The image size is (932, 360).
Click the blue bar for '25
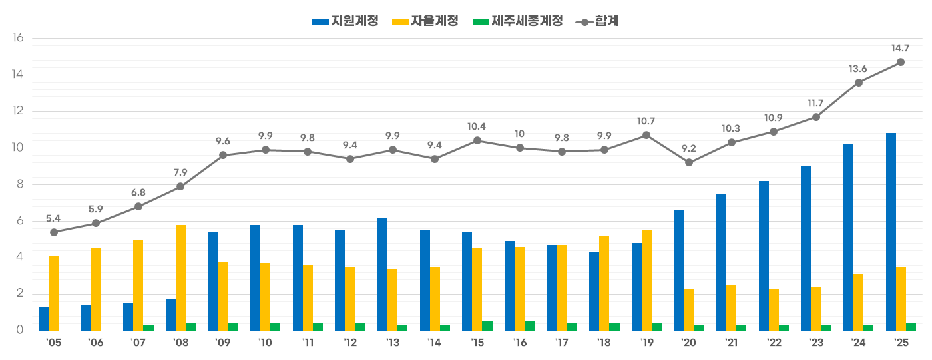pyautogui.click(x=891, y=232)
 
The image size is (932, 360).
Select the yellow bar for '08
pyautogui.click(x=181, y=277)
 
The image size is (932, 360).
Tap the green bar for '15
pyautogui.click(x=487, y=326)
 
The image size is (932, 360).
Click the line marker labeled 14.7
pyautogui.click(x=901, y=62)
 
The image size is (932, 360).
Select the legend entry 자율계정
pyautogui.click(x=425, y=21)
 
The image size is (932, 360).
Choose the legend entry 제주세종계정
pyautogui.click(x=517, y=21)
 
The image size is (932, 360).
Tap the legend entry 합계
pyautogui.click(x=599, y=21)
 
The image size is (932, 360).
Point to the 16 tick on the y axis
pyautogui.click(x=18, y=38)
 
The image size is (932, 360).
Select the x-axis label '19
pyautogui.click(x=646, y=342)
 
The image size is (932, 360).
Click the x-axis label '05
pyautogui.click(x=53, y=342)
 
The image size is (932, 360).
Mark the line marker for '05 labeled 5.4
pyautogui.click(x=54, y=232)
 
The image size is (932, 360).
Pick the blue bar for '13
pyautogui.click(x=382, y=274)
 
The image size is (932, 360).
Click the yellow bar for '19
pyautogui.click(x=646, y=280)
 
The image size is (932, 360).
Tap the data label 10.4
pyautogui.click(x=477, y=126)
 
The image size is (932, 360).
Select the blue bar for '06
pyautogui.click(x=86, y=318)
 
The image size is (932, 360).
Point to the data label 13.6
pyautogui.click(x=858, y=69)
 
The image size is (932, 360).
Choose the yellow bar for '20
pyautogui.click(x=689, y=309)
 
